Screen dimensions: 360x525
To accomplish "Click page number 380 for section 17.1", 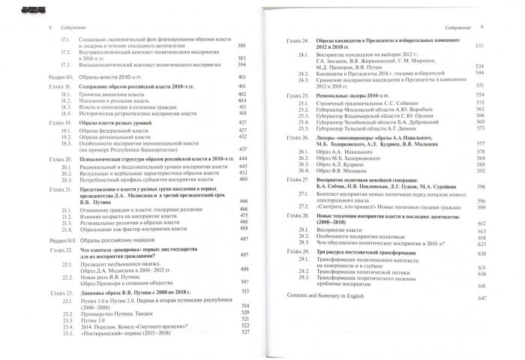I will pyautogui.click(x=241, y=44).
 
